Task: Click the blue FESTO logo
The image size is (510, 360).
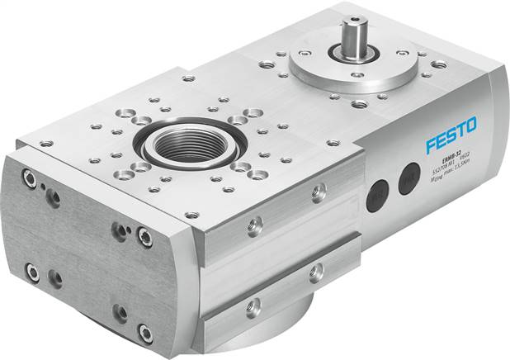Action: [x=451, y=135]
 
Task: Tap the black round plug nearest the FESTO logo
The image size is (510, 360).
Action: [x=409, y=178]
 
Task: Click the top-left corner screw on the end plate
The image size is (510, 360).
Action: [x=31, y=178]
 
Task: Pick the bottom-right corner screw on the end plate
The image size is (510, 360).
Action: [x=145, y=332]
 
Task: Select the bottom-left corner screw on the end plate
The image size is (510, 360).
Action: [x=33, y=270]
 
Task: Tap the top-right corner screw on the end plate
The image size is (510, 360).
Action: [x=144, y=237]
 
